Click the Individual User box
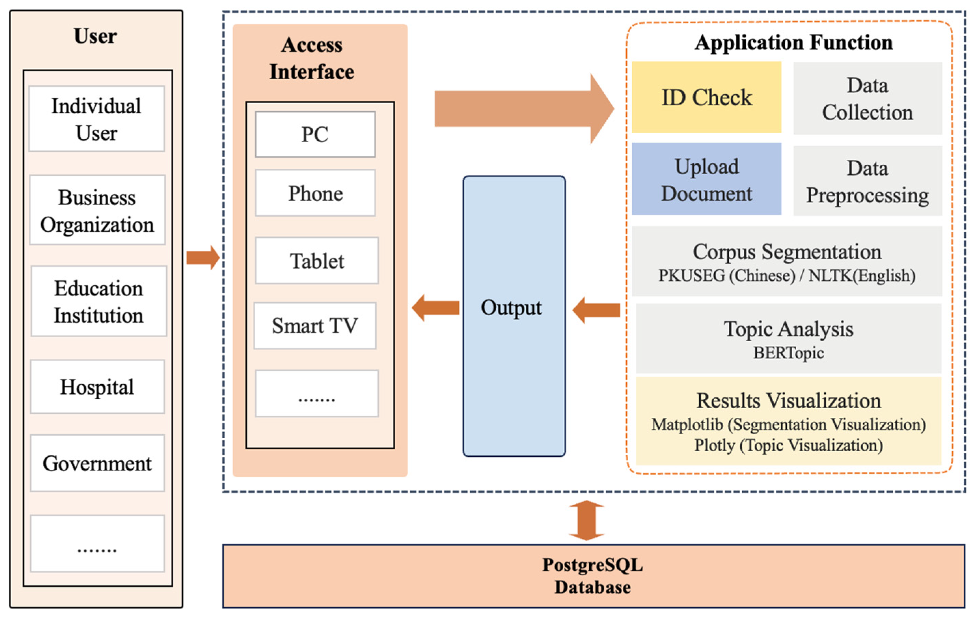[x=96, y=119]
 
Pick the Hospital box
[x=97, y=387]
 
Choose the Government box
[x=97, y=463]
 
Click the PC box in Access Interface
[x=315, y=134]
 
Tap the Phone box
[x=315, y=193]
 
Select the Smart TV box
[x=315, y=326]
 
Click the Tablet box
[x=317, y=261]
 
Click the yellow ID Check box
[x=706, y=97]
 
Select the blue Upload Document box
[x=706, y=179]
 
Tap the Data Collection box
[x=867, y=98]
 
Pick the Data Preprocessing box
[x=867, y=181]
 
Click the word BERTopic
[x=788, y=353]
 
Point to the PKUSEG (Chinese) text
[x=726, y=276]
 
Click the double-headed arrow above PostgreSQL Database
[x=587, y=520]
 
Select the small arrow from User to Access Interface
[x=203, y=258]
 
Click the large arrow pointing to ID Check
[x=523, y=109]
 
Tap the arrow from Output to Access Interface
[x=436, y=308]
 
